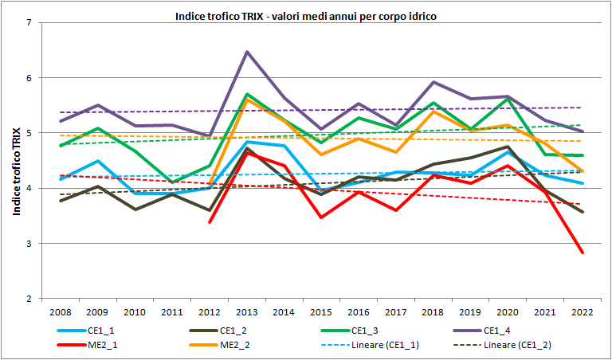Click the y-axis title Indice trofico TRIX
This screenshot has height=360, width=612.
point(16,160)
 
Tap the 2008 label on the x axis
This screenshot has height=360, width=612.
point(60,311)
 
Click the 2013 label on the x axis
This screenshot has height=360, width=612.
point(247,311)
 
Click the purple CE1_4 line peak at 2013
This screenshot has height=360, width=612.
point(247,52)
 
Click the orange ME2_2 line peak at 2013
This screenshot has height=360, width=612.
point(247,100)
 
